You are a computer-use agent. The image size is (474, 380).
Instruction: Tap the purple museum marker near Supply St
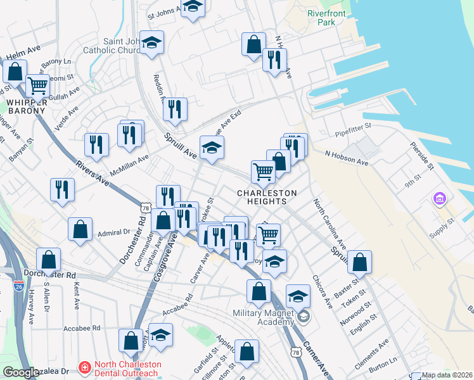click(439, 200)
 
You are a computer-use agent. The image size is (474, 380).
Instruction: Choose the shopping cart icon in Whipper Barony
click(37, 85)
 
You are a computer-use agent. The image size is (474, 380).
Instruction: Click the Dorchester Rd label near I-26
click(49, 274)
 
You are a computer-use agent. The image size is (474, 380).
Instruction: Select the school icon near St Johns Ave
click(193, 7)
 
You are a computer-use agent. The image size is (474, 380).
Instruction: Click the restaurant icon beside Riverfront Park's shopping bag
click(274, 60)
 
